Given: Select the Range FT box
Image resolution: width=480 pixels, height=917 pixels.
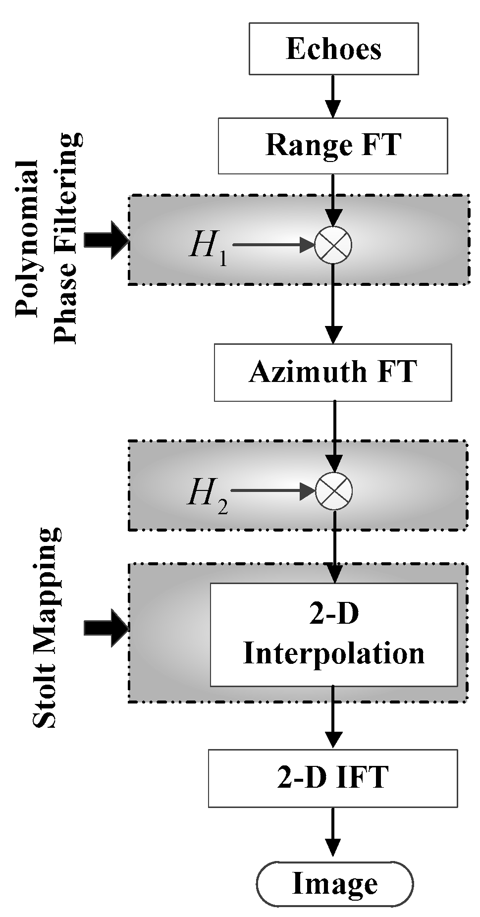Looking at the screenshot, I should pyautogui.click(x=333, y=146).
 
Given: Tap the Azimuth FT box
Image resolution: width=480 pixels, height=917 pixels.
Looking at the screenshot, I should pyautogui.click(x=333, y=372).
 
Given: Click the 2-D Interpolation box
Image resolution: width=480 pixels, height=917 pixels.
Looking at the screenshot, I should pyautogui.click(x=334, y=634).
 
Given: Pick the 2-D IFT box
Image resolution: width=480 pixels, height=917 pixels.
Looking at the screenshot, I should pyautogui.click(x=333, y=778).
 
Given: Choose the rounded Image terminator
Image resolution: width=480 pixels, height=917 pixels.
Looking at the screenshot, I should pyautogui.click(x=334, y=884).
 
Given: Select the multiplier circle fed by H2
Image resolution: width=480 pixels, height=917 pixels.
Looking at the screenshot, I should pyautogui.click(x=334, y=490).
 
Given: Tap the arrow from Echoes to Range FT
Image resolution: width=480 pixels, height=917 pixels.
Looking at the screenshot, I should pyautogui.click(x=334, y=96).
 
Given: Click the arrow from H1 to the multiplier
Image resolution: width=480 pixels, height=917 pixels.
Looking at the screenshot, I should pyautogui.click(x=272, y=244).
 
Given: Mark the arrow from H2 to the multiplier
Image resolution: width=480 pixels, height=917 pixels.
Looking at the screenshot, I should pyautogui.click(x=272, y=491).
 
